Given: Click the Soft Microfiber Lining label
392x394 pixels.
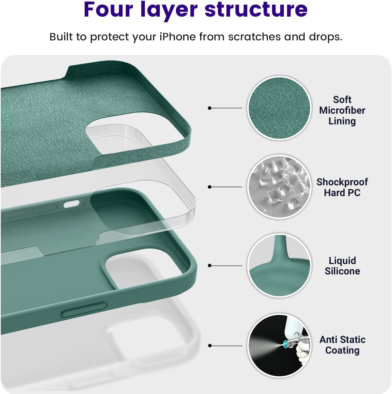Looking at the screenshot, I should pyautogui.click(x=342, y=110).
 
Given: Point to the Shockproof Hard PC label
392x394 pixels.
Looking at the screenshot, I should pyautogui.click(x=342, y=187).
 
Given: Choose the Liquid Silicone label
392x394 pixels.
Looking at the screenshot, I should pyautogui.click(x=342, y=266).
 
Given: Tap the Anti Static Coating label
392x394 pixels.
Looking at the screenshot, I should pyautogui.click(x=342, y=345).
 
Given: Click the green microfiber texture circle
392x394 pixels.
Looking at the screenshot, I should pyautogui.click(x=279, y=108).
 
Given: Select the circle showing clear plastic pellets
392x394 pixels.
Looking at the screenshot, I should pyautogui.click(x=279, y=187).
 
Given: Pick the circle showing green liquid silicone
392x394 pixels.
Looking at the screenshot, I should pyautogui.click(x=279, y=266).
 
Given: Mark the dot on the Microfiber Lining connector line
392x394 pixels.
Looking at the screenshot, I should pyautogui.click(x=210, y=108).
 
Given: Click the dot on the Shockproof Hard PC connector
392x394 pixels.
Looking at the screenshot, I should pyautogui.click(x=210, y=187).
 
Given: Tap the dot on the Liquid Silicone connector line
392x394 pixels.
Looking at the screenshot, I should pyautogui.click(x=210, y=266).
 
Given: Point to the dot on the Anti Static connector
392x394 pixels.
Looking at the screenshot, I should pyautogui.click(x=210, y=346).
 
